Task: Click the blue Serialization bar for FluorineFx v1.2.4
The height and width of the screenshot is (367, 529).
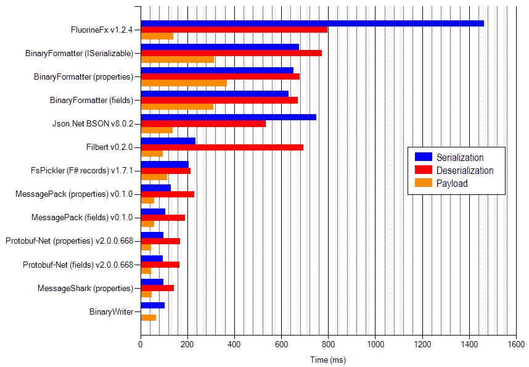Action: [x=312, y=23]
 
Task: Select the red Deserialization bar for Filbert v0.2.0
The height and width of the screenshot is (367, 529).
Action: [x=222, y=147]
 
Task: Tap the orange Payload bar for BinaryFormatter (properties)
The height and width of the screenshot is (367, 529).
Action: [x=184, y=83]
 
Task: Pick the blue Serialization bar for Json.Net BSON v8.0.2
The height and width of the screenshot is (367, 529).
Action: [x=228, y=117]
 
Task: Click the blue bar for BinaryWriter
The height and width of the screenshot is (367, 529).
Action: [x=153, y=305]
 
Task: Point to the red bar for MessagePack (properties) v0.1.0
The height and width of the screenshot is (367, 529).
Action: [x=168, y=194]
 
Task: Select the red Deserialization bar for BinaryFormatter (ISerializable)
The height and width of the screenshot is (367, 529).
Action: [x=231, y=53]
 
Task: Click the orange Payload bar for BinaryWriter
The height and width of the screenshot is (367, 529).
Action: [x=149, y=318]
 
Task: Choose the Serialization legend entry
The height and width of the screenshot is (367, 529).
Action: [x=459, y=157]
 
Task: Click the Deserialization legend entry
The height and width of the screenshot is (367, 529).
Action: [x=464, y=170]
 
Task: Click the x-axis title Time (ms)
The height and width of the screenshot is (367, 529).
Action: [x=328, y=360]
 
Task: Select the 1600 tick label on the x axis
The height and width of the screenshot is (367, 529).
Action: [x=516, y=345]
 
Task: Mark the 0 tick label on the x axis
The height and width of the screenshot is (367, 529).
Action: [x=141, y=345]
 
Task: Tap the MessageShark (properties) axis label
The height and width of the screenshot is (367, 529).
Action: [x=85, y=288]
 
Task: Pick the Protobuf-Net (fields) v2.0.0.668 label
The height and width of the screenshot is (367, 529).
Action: [x=78, y=265]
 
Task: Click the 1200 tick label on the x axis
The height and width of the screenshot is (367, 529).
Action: [x=422, y=345]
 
